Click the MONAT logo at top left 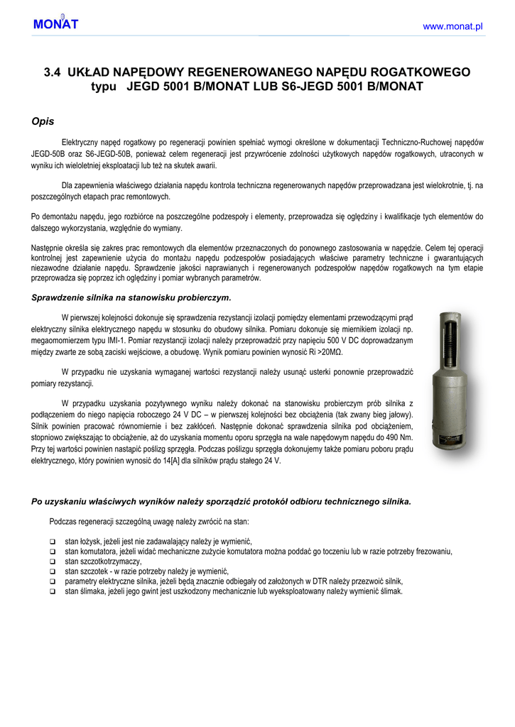55,23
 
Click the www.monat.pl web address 452,26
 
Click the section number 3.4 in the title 53,72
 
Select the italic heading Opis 43,121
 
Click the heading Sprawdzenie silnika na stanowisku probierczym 131,297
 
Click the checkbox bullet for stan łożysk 53,542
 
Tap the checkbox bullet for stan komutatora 53,552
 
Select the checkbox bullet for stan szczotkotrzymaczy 53,562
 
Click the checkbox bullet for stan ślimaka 53,591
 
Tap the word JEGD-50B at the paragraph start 50,153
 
